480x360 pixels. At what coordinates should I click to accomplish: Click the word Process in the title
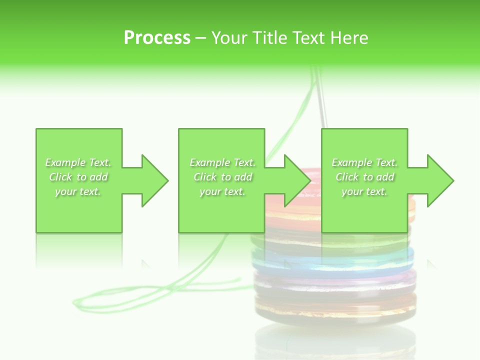[157, 37]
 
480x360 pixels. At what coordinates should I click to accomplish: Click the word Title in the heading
[268, 37]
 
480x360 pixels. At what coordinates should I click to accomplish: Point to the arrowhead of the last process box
[439, 180]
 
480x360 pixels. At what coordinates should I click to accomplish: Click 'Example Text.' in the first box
[78, 162]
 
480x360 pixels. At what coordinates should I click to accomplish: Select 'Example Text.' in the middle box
[222, 162]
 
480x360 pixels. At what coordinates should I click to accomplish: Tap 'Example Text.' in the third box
[364, 162]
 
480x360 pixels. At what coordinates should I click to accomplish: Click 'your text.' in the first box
[78, 191]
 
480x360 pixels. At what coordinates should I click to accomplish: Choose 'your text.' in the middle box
[222, 191]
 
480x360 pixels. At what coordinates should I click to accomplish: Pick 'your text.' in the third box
[364, 191]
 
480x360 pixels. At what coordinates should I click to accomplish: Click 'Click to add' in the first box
[78, 177]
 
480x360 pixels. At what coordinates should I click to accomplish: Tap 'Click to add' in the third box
[364, 177]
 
